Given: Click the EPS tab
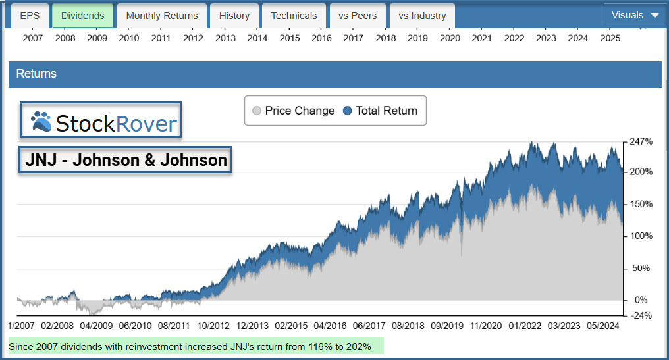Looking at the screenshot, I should click(30, 15).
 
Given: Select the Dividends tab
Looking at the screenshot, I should click(82, 15).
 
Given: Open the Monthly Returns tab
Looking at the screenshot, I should click(162, 15).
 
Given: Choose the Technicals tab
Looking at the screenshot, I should click(294, 15).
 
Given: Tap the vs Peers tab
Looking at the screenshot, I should click(358, 15).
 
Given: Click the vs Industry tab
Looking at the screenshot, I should click(422, 15).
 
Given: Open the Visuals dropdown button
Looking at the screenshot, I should click(635, 15).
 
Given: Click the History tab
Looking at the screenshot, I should click(234, 15).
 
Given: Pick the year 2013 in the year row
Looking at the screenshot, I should click(225, 38).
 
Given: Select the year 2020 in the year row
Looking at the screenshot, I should click(450, 38).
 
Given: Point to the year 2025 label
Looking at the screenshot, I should click(610, 38).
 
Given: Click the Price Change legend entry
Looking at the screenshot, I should click(294, 111).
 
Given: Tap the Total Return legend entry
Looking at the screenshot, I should click(381, 111).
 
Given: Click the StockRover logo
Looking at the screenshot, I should click(101, 121).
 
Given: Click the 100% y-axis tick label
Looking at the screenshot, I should click(642, 236).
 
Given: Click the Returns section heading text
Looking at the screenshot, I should click(36, 74).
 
